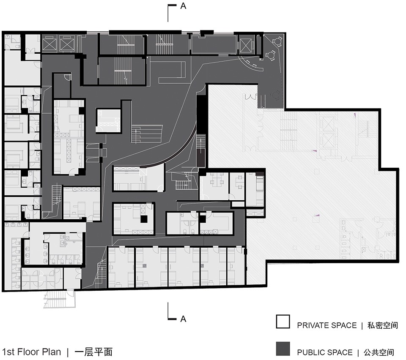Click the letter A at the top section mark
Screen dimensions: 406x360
coord(183,5)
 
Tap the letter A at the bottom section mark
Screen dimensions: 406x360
coord(183,319)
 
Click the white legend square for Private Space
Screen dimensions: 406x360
coord(283,322)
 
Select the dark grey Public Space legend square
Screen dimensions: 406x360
coord(283,349)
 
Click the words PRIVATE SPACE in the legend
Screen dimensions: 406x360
coord(327,325)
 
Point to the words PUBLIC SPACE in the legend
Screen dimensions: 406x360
coord(325,352)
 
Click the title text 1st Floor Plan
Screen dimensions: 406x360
coord(31,352)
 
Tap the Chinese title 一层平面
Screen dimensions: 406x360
coord(93,352)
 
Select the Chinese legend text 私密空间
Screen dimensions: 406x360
coord(382,325)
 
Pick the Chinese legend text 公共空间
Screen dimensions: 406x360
coord(379,352)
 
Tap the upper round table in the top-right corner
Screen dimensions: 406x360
coord(277,41)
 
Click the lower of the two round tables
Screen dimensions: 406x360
coord(271,55)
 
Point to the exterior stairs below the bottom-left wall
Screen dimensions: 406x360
coord(60,300)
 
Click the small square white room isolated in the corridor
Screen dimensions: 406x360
coord(109,121)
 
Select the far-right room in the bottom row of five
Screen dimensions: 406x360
coord(236,266)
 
